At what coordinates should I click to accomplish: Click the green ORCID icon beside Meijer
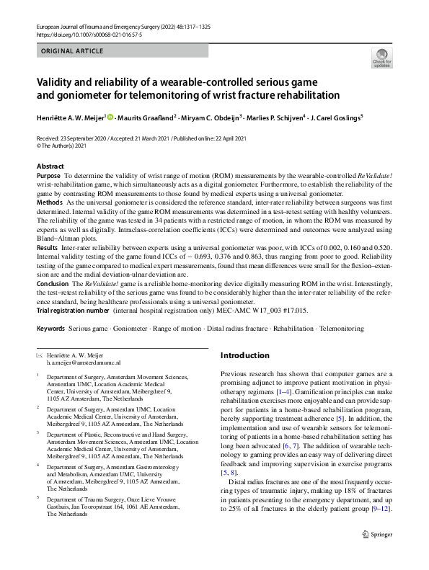[x=110, y=117]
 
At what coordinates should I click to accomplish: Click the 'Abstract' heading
[x=50, y=166]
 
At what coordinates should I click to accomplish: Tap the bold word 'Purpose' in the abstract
[x=48, y=176]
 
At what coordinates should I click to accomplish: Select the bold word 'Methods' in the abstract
[x=50, y=204]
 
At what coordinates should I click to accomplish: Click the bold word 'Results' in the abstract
[x=48, y=247]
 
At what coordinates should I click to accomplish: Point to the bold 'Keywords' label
[x=50, y=329]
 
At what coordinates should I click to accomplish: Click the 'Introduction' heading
[x=244, y=355]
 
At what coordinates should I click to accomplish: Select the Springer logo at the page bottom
[x=376, y=554]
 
